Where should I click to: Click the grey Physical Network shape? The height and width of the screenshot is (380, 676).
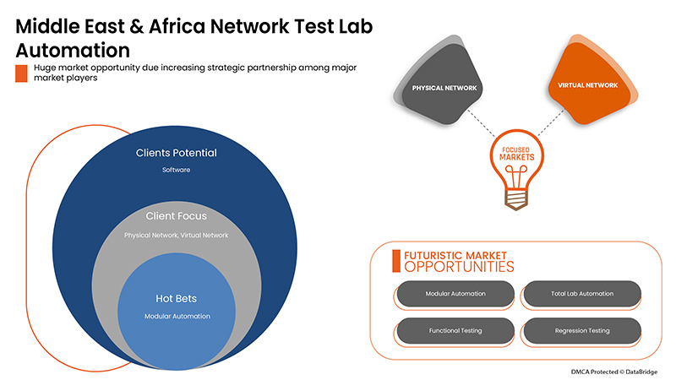point(444,87)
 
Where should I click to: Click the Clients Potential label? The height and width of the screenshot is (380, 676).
point(177,153)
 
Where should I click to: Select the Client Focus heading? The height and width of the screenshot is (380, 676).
point(177,216)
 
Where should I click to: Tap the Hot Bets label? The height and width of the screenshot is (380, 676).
point(177,298)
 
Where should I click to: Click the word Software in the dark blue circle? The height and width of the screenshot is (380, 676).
point(177,170)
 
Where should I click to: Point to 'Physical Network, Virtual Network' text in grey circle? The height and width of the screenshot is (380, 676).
point(177,235)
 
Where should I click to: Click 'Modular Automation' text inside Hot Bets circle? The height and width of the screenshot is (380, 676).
point(177,316)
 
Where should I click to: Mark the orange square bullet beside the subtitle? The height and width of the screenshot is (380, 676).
point(22,73)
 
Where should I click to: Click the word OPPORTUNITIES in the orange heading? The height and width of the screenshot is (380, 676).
point(459,267)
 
